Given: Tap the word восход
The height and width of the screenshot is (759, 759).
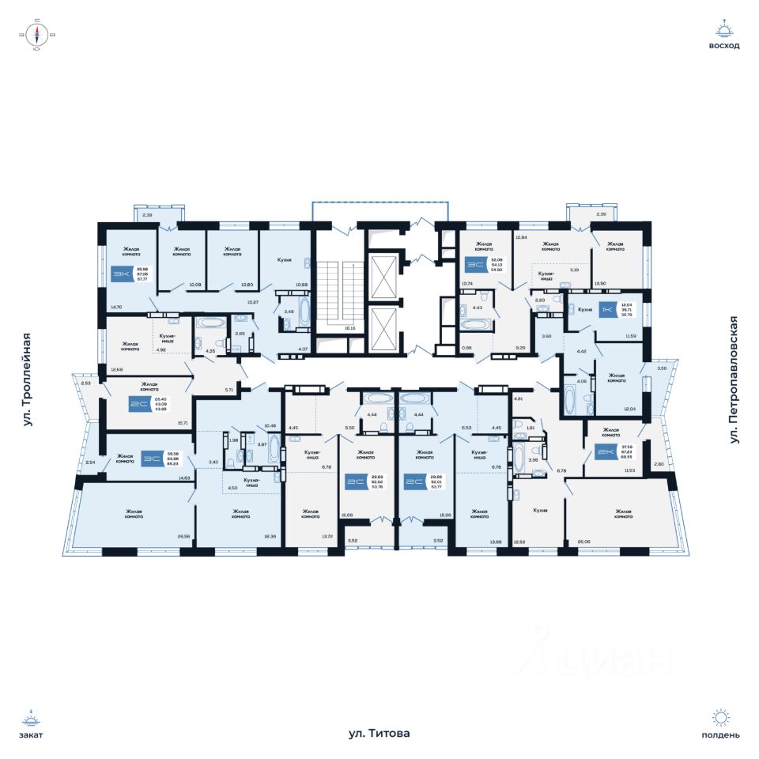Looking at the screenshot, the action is tap(724, 46).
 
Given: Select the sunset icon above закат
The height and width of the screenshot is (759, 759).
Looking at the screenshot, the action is tap(32, 719).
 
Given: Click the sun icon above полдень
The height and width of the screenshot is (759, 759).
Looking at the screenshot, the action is tap(720, 718).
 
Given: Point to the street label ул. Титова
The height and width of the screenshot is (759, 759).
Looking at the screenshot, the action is tap(379, 734).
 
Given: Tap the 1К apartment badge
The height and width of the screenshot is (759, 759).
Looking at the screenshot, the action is tap(607, 309).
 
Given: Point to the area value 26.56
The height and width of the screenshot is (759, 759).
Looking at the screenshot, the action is tap(184, 537).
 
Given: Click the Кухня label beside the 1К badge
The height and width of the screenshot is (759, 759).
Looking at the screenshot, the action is tap(586, 310).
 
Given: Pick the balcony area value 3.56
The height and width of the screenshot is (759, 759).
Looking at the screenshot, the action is tap(651, 368).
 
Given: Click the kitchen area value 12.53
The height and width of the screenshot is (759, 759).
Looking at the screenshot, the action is tap(519, 542).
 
